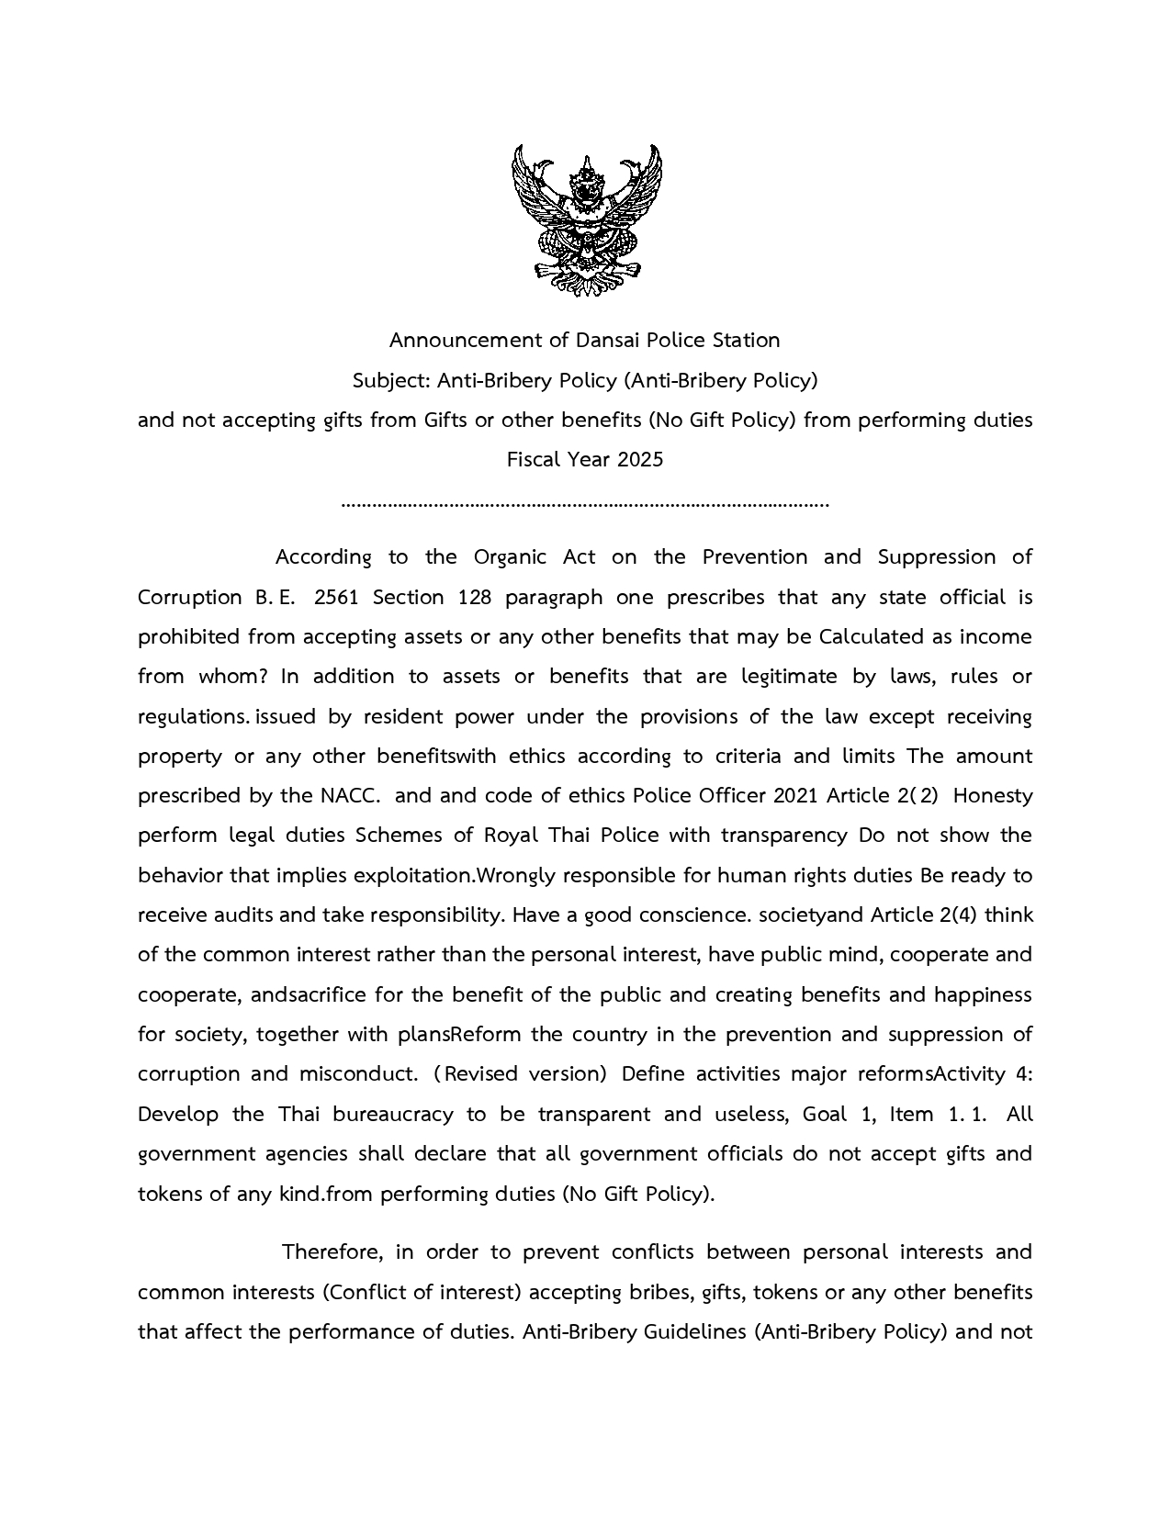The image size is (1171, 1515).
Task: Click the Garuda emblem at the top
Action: (x=586, y=219)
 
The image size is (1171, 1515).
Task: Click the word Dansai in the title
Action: (x=608, y=341)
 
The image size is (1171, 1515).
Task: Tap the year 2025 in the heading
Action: (x=639, y=459)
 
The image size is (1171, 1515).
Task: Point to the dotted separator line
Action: (x=585, y=504)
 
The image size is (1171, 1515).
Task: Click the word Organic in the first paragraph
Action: (x=509, y=557)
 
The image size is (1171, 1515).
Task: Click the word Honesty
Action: (x=993, y=796)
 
